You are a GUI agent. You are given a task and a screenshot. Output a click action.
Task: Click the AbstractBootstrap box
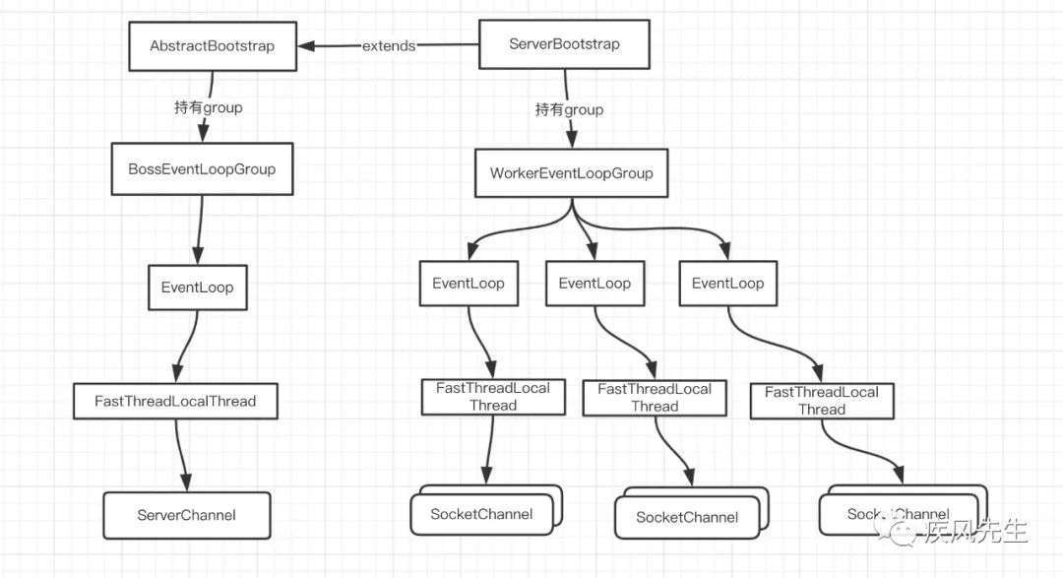point(213,46)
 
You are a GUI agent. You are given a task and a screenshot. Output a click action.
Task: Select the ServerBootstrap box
point(564,44)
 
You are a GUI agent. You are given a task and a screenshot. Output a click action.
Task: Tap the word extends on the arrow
point(389,46)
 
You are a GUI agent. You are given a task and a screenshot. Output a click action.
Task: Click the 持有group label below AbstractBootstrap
point(208,107)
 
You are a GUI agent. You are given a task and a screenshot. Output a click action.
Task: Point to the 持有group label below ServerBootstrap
point(569,109)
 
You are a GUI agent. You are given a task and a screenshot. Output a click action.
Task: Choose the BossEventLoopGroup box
point(202,169)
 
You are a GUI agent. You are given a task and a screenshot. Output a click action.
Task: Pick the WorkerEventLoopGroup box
point(572,173)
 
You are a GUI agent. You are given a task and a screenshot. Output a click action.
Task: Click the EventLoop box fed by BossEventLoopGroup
point(197,288)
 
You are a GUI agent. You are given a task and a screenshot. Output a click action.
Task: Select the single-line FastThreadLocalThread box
point(175,401)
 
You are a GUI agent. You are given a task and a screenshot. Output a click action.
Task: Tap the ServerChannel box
point(186,516)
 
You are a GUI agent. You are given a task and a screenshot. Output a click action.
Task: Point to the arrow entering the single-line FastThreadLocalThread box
point(188,346)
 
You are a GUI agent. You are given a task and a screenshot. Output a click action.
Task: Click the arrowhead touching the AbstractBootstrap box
point(306,46)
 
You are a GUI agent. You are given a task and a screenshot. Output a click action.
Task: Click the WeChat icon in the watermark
point(894,529)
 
